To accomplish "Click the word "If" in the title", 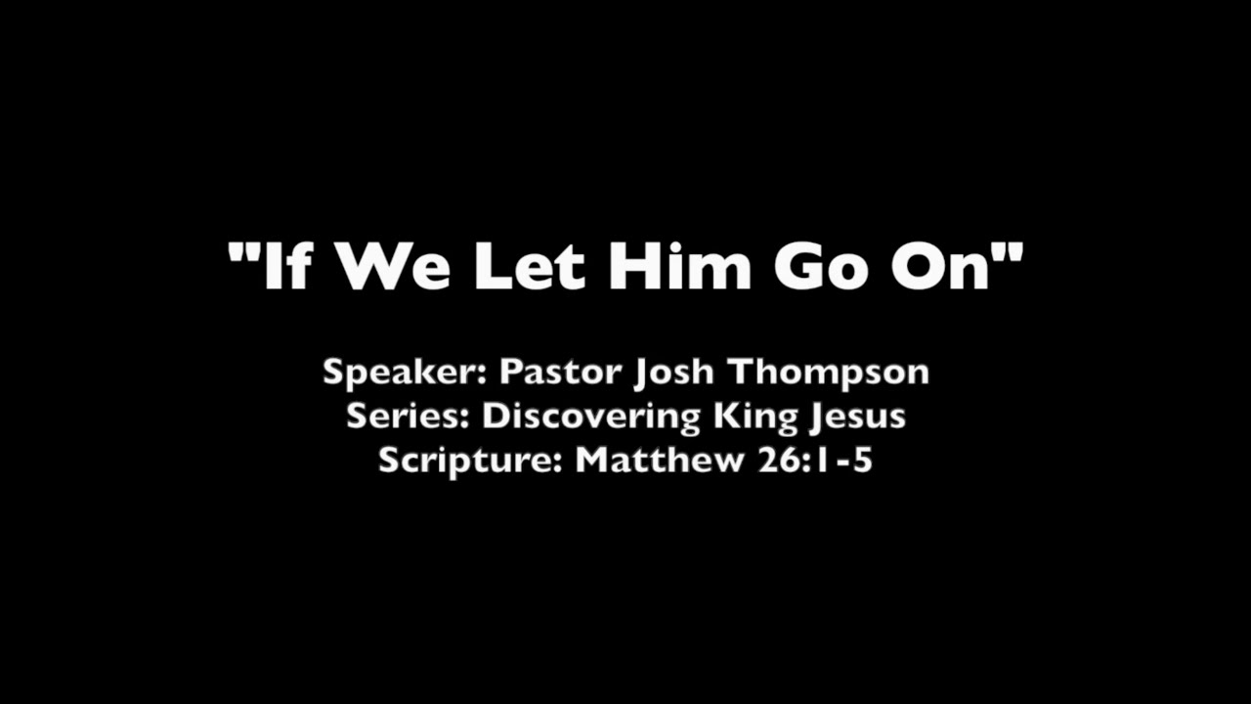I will [x=286, y=265].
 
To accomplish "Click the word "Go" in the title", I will [x=824, y=265].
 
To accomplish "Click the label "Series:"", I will [x=409, y=417].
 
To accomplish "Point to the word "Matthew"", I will [x=660, y=460].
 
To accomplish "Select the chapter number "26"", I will [x=775, y=460].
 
